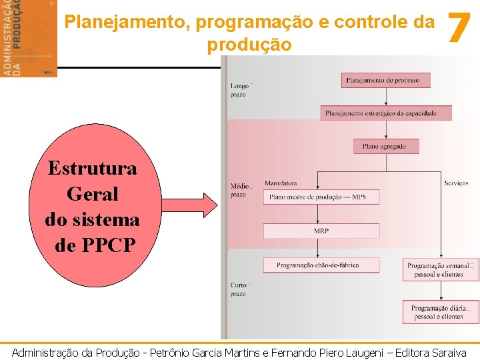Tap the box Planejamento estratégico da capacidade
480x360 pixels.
[x=385, y=113]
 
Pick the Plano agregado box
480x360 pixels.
[x=380, y=146]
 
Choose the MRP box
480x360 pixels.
[x=321, y=231]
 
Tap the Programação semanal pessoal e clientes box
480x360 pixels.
[x=440, y=269]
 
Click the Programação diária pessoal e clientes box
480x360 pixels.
[x=440, y=312]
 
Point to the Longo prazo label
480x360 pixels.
[x=239, y=90]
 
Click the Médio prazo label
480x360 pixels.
[x=239, y=190]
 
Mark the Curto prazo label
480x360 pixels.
[x=239, y=289]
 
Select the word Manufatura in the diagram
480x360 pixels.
[x=281, y=183]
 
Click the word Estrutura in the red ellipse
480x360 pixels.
[x=92, y=168]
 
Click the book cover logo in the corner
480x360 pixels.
[x=29, y=38]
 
